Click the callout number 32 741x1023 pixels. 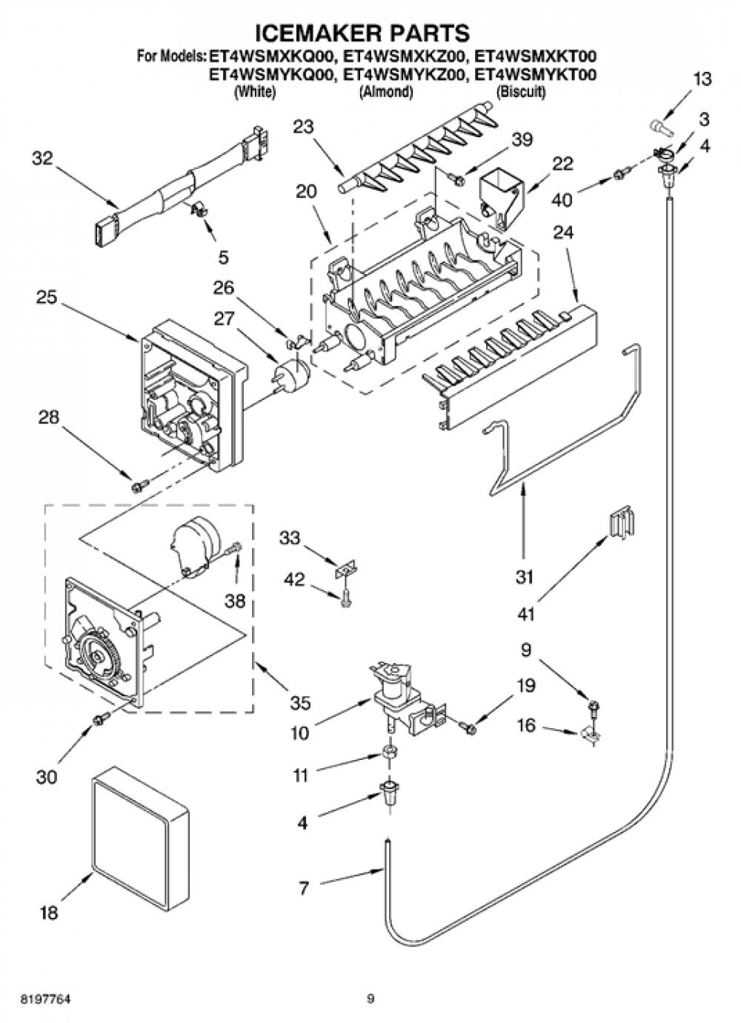click(42, 159)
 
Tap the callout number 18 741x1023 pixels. click(49, 913)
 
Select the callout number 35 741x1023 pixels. click(300, 702)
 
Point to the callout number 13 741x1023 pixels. click(702, 79)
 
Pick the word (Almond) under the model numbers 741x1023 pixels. click(386, 92)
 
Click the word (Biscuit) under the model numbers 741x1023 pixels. click(521, 92)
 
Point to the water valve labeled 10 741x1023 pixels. click(402, 698)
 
